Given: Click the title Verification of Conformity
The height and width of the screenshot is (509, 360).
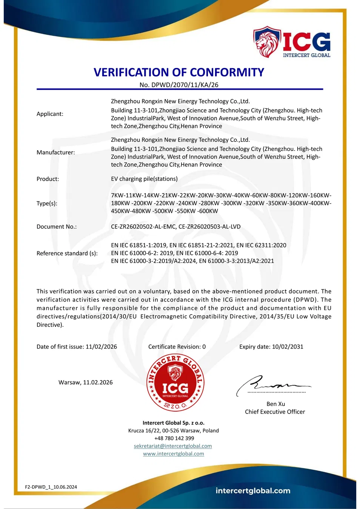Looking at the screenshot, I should tap(179, 72).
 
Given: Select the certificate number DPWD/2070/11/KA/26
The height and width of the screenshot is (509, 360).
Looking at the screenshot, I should tap(185, 85).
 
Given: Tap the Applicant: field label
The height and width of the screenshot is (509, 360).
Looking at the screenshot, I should tap(50, 114).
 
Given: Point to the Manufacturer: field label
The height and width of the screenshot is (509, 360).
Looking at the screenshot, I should tap(55, 152).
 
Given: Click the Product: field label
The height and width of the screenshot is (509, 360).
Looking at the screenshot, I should tap(48, 179).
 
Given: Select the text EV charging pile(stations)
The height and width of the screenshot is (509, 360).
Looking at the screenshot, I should tap(144, 179).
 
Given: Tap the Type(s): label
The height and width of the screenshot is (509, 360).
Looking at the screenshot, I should tap(47, 203).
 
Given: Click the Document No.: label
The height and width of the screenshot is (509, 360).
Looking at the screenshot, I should tap(57, 227).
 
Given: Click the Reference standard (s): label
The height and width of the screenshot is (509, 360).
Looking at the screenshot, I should tap(67, 253).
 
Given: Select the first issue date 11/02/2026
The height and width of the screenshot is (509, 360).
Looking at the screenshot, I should tap(101, 347).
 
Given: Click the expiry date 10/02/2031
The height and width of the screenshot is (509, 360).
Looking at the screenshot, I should tap(288, 347).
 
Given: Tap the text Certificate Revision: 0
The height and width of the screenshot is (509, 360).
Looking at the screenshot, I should tap(177, 347).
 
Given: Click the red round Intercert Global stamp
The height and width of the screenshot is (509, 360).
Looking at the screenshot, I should tap(175, 383).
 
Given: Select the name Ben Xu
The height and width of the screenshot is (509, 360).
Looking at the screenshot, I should tap(276, 404).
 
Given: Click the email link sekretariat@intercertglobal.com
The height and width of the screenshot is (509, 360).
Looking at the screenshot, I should tap(173, 446).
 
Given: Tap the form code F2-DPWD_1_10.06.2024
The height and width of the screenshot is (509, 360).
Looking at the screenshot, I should tap(51, 487).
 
